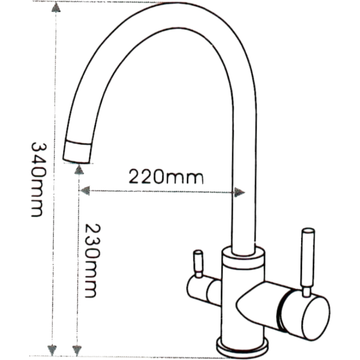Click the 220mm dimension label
[166, 176]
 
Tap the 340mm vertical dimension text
[37, 180]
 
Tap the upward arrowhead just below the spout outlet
[79, 169]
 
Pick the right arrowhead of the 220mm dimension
[239, 192]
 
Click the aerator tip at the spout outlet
[77, 152]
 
